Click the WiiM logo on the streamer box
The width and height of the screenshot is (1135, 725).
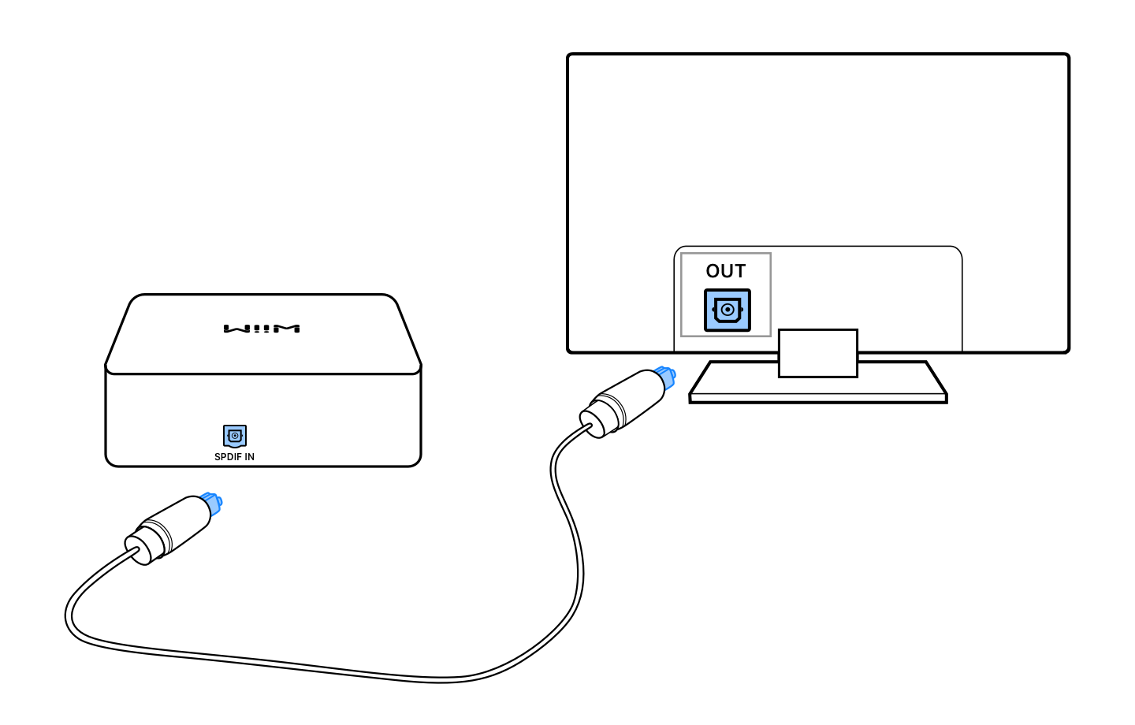click(x=262, y=329)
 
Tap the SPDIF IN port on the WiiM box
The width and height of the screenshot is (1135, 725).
click(x=235, y=436)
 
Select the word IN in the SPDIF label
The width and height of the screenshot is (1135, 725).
click(x=249, y=457)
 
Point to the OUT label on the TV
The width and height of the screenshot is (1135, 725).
click(x=725, y=271)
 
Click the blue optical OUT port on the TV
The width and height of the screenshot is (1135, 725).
click(x=727, y=310)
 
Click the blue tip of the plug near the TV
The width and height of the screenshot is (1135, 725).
click(x=665, y=377)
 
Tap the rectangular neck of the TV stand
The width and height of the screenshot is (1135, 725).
click(x=817, y=352)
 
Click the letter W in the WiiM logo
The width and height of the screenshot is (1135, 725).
click(x=234, y=329)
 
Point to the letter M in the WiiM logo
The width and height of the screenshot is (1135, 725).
click(x=288, y=329)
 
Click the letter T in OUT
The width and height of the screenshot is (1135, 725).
click(x=739, y=271)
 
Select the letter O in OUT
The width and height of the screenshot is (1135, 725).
click(x=713, y=271)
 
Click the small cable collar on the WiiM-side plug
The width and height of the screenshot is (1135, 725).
click(x=139, y=548)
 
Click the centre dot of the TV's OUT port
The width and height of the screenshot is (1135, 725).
click(x=728, y=310)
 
